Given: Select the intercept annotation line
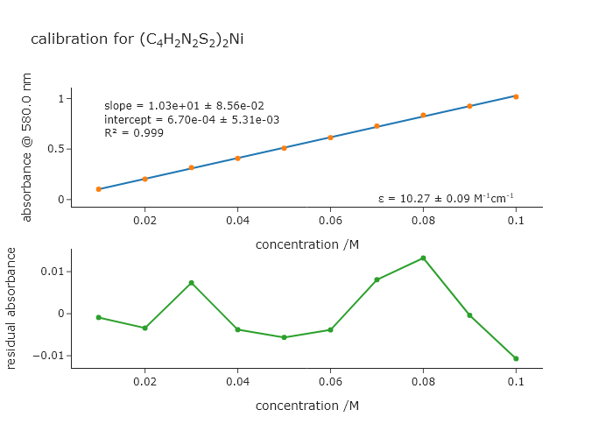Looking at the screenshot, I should [192, 120].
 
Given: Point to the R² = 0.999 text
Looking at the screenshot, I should [134, 133].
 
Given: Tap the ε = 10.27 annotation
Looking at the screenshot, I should [446, 198].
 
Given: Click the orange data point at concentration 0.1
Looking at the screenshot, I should [516, 96].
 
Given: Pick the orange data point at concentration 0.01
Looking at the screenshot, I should [99, 189].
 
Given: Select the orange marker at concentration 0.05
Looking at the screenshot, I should [284, 148].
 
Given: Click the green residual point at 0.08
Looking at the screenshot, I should [423, 258].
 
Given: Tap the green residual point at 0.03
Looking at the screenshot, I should [191, 283].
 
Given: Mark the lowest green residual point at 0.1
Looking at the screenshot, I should [516, 358].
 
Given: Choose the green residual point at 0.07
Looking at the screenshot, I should [377, 280].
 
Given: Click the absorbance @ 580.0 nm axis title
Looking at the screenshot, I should [26, 147].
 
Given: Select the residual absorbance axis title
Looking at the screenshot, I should [11, 307].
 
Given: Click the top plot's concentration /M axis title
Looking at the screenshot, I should [306, 244].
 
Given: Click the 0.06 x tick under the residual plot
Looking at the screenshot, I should [330, 382].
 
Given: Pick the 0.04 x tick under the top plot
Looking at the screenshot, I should [237, 221].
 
